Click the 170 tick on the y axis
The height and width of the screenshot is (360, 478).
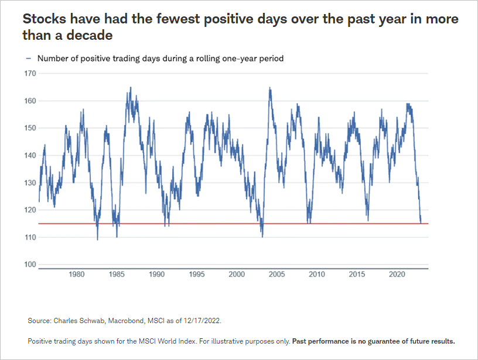[30, 74]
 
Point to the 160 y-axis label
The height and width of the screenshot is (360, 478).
[30, 101]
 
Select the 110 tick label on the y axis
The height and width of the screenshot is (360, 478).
[30, 237]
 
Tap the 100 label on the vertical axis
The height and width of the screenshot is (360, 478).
[30, 265]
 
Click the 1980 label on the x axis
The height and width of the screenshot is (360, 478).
[76, 274]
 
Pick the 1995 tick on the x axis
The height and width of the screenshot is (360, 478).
[196, 274]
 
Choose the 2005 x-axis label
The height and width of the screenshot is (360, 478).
[276, 274]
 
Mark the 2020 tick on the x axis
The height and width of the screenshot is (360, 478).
[397, 274]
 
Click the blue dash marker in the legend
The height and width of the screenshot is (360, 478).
[28, 59]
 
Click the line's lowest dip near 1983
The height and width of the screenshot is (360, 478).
[97, 239]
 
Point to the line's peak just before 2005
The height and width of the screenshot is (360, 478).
[269, 88]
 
